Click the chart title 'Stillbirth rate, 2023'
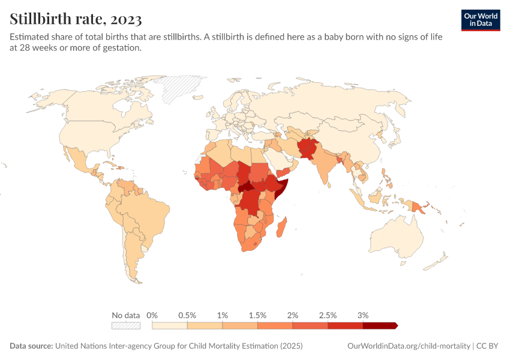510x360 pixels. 76,19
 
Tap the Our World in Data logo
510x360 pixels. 480,20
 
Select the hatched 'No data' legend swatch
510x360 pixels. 126,325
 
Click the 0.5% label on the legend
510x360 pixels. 187,315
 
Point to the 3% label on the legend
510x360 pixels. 362,315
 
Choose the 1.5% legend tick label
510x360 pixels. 257,315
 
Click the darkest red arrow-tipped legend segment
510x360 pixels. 379,325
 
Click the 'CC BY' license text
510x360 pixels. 488,346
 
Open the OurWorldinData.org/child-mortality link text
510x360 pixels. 409,346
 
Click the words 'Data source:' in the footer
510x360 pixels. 31,346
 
